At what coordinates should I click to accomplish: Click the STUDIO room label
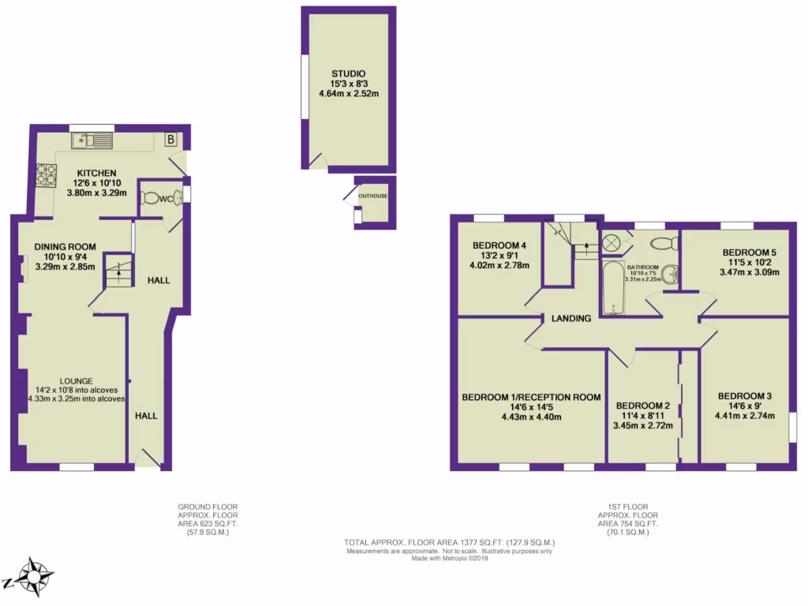[348, 73]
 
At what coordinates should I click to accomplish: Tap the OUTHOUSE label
[373, 196]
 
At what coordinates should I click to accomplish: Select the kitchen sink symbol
[92, 140]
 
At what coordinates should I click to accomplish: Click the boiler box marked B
[170, 140]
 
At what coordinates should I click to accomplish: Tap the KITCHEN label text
[96, 173]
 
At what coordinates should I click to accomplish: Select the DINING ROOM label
[64, 246]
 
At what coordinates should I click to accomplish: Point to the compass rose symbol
[34, 577]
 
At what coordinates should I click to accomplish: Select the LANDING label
[571, 319]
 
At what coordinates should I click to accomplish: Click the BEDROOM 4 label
[499, 245]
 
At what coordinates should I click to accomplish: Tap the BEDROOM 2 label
[642, 406]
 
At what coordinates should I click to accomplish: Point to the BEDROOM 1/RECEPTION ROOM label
[531, 397]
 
